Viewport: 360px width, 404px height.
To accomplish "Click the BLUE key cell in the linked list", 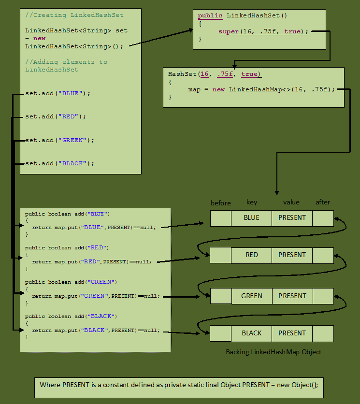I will point(251,218).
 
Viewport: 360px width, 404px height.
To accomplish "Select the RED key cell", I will point(251,255).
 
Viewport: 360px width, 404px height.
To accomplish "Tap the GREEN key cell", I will point(251,296).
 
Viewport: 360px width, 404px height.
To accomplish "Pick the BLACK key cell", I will point(251,333).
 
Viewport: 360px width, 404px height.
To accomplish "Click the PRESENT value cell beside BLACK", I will point(292,333).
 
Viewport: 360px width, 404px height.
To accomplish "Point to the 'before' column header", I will point(221,203).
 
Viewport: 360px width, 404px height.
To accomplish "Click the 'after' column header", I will point(323,202).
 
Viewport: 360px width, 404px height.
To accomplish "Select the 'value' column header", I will point(291,202).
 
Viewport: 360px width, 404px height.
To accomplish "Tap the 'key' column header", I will point(252,202).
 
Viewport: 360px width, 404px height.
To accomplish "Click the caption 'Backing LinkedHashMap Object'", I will point(274,352).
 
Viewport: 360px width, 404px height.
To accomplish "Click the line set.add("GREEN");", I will point(60,140).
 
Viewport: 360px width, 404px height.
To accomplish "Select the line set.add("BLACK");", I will point(60,163).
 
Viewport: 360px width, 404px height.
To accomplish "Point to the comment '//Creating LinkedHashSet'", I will point(74,15).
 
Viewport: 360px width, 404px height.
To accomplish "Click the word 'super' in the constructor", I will point(229,31).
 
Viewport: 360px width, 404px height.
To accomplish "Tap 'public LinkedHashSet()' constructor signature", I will point(243,15).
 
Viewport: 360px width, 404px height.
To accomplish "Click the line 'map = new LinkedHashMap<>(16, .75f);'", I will point(261,89).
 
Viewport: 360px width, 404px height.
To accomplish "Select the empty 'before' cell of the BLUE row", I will point(221,218).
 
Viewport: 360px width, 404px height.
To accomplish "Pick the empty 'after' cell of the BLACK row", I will point(323,333).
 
